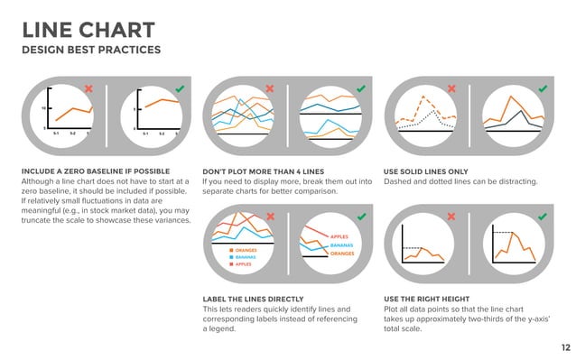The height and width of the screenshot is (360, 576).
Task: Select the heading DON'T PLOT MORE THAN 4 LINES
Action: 263,171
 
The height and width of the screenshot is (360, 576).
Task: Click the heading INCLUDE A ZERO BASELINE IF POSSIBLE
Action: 97,171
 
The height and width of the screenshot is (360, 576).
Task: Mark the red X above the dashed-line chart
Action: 451,88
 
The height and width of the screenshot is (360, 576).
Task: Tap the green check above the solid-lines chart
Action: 543,88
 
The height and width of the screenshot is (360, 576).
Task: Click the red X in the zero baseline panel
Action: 88,88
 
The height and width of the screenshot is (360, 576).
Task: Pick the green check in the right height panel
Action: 543,217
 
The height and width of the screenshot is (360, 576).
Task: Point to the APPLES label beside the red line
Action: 339,235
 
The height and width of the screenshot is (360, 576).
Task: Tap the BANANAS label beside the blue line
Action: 341,245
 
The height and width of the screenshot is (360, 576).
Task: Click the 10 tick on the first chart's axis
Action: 42,107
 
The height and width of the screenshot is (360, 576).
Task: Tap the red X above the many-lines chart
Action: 269,88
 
